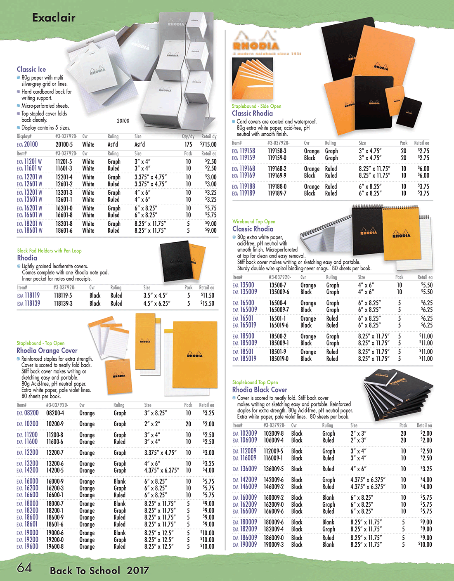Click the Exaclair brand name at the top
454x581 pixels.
point(54,17)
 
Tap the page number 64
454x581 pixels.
point(24,568)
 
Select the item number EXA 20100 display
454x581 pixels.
point(27,144)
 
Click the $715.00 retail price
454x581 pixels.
point(208,144)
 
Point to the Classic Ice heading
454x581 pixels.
point(31,69)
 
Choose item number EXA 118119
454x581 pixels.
point(28,295)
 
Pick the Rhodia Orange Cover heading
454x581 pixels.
point(47,350)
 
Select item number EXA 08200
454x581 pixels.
point(28,413)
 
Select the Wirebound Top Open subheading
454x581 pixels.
point(253,222)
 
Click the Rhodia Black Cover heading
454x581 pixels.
point(260,390)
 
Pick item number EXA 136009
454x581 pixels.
point(245,469)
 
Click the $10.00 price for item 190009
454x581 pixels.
point(425,545)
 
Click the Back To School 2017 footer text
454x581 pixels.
point(99,571)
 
